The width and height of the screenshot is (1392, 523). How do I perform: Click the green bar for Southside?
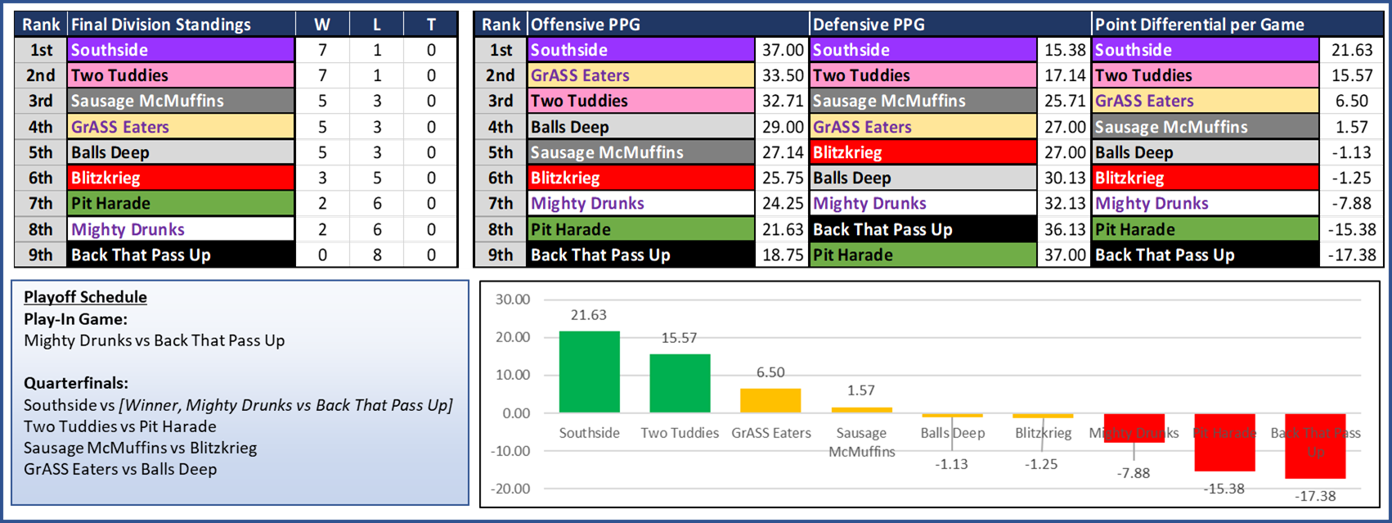(x=589, y=372)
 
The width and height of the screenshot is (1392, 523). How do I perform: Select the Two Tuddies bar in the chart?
(x=680, y=383)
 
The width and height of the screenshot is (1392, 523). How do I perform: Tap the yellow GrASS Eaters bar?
(x=770, y=400)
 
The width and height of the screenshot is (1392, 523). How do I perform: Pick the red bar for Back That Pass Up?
(x=1314, y=446)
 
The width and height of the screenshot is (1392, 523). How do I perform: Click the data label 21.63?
(x=589, y=315)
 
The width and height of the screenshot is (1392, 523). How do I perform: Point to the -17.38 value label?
(x=1315, y=496)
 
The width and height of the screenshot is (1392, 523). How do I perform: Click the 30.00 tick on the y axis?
(x=513, y=300)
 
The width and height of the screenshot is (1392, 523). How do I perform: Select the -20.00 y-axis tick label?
(x=511, y=489)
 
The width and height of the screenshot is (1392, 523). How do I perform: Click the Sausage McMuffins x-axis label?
(x=861, y=442)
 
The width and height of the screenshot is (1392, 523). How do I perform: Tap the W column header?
(x=322, y=25)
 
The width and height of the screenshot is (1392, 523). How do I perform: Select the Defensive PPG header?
(x=869, y=25)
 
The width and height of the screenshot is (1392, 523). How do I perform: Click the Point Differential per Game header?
(x=1199, y=25)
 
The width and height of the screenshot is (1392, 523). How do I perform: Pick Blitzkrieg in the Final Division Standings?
(x=106, y=178)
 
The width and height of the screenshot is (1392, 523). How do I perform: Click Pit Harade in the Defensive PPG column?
(x=853, y=255)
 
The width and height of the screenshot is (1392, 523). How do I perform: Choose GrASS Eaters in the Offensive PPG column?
(x=580, y=75)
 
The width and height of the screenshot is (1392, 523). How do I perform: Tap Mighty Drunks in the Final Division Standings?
(x=128, y=229)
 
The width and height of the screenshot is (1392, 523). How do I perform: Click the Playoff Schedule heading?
(x=85, y=297)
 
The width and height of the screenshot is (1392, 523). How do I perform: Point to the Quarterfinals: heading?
(x=76, y=383)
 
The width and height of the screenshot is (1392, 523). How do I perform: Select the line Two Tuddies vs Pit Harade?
(x=120, y=426)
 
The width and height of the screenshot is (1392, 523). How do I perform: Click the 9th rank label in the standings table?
(x=41, y=255)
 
